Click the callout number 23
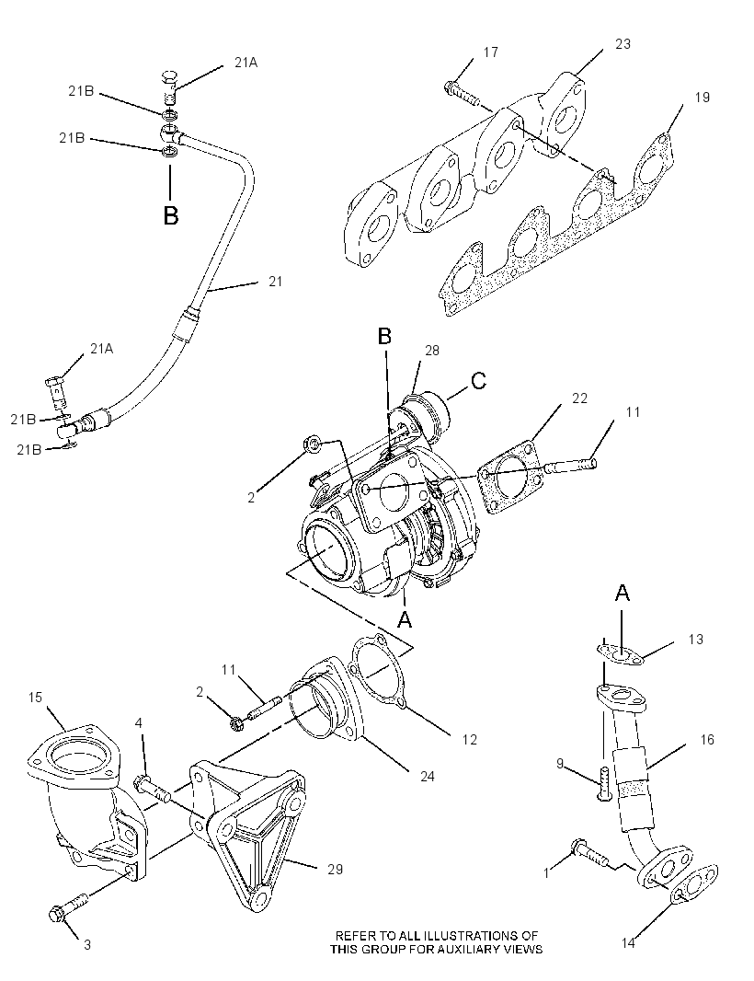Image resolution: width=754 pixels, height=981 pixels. pos(623,44)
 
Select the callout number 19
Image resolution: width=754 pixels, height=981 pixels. pos(703,97)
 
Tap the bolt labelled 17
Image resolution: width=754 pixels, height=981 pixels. pos(462,93)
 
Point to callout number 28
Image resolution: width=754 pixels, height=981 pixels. pos(432,351)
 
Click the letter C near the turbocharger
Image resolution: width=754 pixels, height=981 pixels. pos(478,380)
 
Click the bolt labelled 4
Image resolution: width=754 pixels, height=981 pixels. pos(153,789)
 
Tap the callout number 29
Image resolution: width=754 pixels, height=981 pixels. pos(335,869)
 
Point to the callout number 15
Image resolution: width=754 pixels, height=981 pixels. pos(35,697)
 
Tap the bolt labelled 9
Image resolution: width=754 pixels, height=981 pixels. pos(604,782)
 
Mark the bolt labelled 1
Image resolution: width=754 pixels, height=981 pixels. pos(588,853)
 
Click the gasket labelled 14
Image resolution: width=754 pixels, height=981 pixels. pos(696,883)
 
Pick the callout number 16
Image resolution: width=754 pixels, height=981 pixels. pos(707,740)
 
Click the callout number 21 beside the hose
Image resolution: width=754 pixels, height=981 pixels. pos(276,282)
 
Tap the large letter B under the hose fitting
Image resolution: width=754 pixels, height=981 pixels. pos(171,216)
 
